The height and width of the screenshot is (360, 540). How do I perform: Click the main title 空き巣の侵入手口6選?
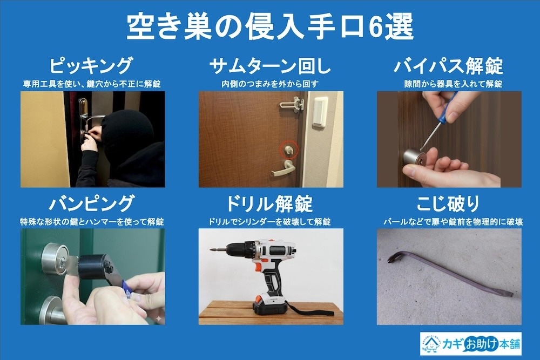pyautogui.click(x=269, y=26)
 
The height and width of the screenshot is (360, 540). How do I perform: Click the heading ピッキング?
pyautogui.click(x=91, y=66)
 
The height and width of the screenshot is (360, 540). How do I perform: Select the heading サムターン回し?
pyautogui.click(x=270, y=66)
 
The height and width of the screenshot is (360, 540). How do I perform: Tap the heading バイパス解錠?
pyautogui.click(x=448, y=66)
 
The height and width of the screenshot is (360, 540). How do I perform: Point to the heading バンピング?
pyautogui.click(x=91, y=204)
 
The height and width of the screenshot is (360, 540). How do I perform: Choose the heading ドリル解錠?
pyautogui.click(x=270, y=204)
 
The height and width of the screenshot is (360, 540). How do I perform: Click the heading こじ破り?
pyautogui.click(x=448, y=204)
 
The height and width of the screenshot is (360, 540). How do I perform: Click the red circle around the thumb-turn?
pyautogui.click(x=289, y=149)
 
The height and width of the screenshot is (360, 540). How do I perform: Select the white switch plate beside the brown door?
pyautogui.click(x=320, y=111)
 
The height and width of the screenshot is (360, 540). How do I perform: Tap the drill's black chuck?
pyautogui.click(x=233, y=250)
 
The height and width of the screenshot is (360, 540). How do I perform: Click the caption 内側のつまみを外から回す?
pyautogui.click(x=270, y=84)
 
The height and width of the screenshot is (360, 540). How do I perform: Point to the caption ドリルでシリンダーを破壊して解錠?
pyautogui.click(x=270, y=221)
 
